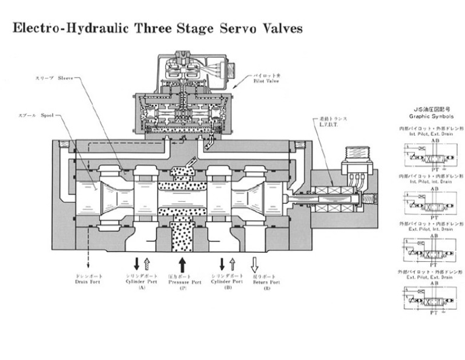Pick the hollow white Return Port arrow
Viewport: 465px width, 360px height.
pyautogui.click(x=254, y=264)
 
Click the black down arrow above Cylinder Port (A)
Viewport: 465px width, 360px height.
pyautogui.click(x=136, y=264)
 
